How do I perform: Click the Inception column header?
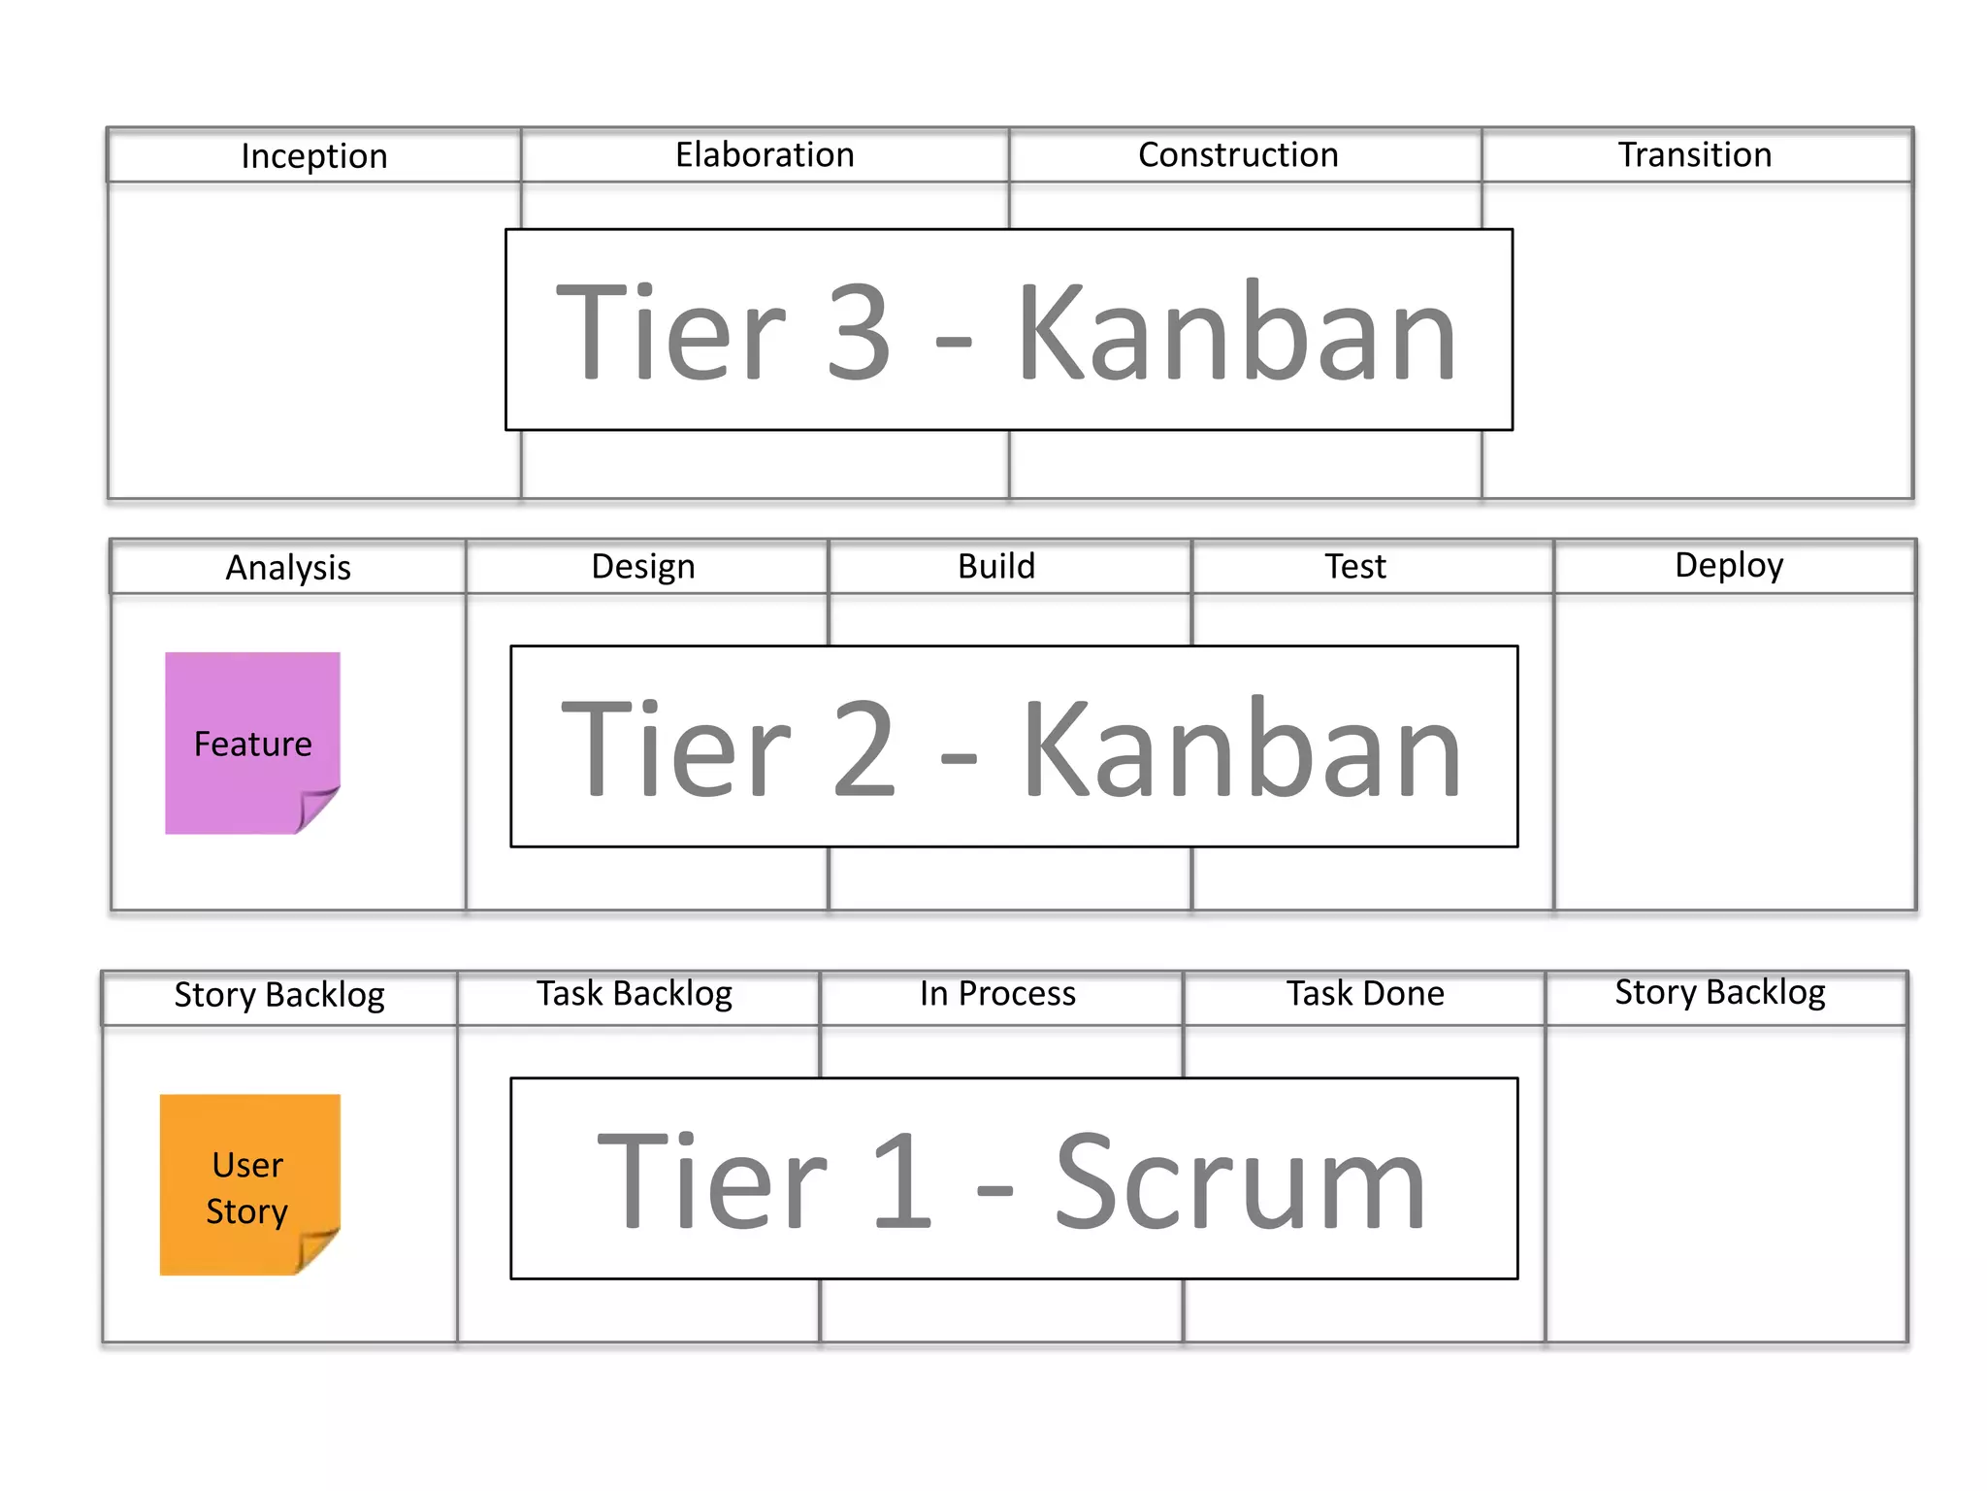pos(314,156)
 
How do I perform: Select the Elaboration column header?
pos(765,155)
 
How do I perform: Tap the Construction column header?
pos(1238,155)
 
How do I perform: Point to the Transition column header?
pos(1694,155)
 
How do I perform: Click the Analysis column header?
pos(288,568)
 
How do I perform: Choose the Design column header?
pos(643,567)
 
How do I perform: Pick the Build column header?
pos(996,567)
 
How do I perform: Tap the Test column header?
pos(1354,567)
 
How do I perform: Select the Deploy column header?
pos(1729,566)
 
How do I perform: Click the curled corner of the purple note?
pos(316,809)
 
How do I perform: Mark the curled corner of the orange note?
pos(316,1250)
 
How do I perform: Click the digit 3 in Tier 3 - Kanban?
pos(858,332)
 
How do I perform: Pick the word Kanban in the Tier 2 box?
pos(1241,749)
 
